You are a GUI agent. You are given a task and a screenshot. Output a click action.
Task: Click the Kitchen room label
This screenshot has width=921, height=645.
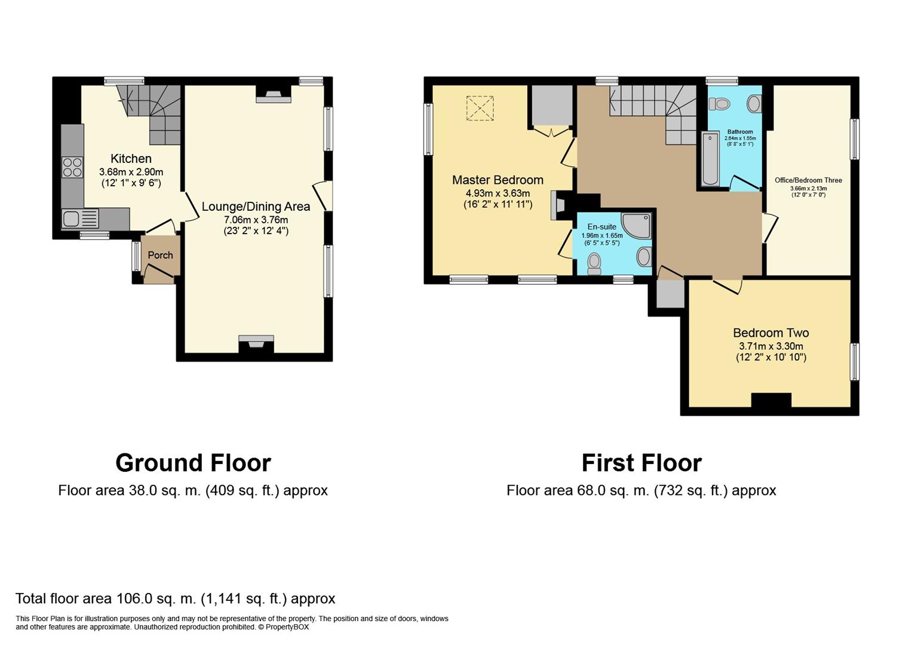[x=131, y=159]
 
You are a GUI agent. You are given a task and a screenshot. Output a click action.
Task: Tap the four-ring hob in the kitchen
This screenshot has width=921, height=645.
[x=72, y=167]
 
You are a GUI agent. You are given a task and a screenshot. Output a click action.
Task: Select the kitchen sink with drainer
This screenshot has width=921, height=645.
[x=80, y=219]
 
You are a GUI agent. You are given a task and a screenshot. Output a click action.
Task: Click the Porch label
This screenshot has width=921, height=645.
[x=160, y=255]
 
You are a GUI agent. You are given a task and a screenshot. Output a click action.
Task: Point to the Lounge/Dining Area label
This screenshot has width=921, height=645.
[x=256, y=207]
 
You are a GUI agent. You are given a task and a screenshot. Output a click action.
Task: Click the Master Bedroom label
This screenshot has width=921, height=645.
[x=498, y=180]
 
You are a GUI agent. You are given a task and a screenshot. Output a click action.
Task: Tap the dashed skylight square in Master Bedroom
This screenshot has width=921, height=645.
[x=480, y=108]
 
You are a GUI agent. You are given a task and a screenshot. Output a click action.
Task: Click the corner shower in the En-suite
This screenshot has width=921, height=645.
[x=636, y=226]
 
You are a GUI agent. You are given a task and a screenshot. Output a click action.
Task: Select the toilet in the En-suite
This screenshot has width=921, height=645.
[x=594, y=263]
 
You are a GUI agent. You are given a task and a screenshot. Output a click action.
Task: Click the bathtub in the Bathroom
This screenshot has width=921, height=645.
[x=710, y=159]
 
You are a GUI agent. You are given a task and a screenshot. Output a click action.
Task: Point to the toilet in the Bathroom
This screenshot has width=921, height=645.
[x=719, y=103]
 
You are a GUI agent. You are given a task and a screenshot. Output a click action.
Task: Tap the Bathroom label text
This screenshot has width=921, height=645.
[x=740, y=132]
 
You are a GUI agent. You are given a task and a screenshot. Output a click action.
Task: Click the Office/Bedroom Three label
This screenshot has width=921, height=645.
[x=808, y=180]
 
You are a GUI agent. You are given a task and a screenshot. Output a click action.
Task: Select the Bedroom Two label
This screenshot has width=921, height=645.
[x=771, y=333]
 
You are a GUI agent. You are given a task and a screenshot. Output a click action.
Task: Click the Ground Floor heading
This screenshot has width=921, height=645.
[x=194, y=463]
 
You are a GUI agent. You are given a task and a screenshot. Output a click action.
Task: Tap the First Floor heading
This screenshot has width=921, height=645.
[x=641, y=463]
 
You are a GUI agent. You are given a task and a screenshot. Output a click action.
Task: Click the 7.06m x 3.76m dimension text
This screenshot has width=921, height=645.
[x=256, y=220]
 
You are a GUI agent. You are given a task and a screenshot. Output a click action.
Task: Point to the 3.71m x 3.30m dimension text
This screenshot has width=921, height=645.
[x=771, y=346]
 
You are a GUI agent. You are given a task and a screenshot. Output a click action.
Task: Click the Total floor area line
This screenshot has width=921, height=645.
[x=176, y=598]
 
